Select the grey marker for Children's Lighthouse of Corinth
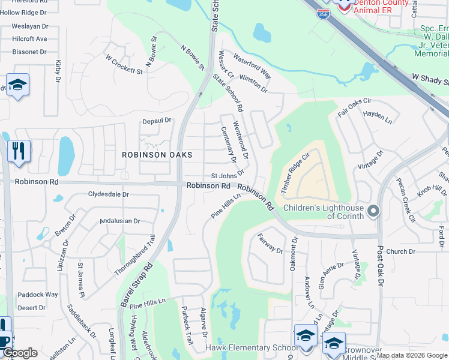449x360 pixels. click(373, 210)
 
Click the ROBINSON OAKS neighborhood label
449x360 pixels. click(157, 155)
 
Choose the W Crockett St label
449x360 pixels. click(124, 64)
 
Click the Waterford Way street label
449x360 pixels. click(252, 67)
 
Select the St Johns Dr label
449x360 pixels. click(227, 176)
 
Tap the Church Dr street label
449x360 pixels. click(400, 251)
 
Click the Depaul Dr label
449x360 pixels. click(157, 121)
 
